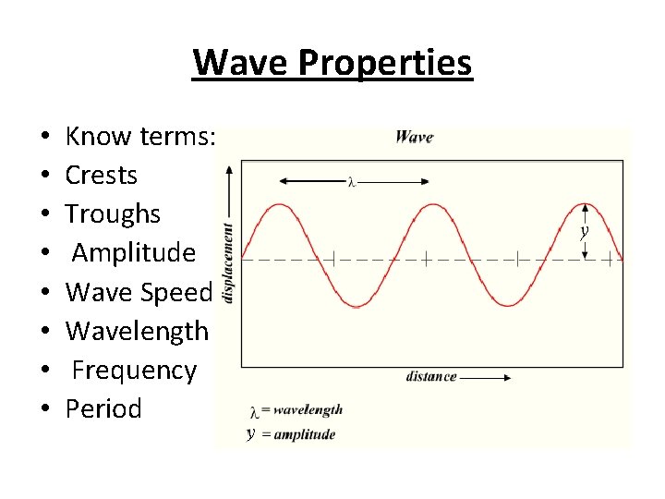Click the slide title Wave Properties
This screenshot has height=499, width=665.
coord(332,63)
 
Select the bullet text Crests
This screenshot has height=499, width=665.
coord(102,175)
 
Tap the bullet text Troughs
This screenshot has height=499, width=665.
coord(113,213)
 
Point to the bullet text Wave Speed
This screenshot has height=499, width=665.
coord(139,292)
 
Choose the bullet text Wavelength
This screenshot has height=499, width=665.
coord(137,331)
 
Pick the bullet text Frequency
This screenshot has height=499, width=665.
coord(134,370)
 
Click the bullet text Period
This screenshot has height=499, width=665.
coord(103,408)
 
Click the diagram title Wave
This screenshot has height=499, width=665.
coord(414,138)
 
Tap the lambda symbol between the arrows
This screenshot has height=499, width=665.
coord(352,182)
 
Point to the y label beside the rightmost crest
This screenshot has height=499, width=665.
coord(584,233)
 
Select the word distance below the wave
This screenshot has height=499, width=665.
coord(430,376)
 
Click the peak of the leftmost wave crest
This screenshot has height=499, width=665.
coord(278,205)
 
